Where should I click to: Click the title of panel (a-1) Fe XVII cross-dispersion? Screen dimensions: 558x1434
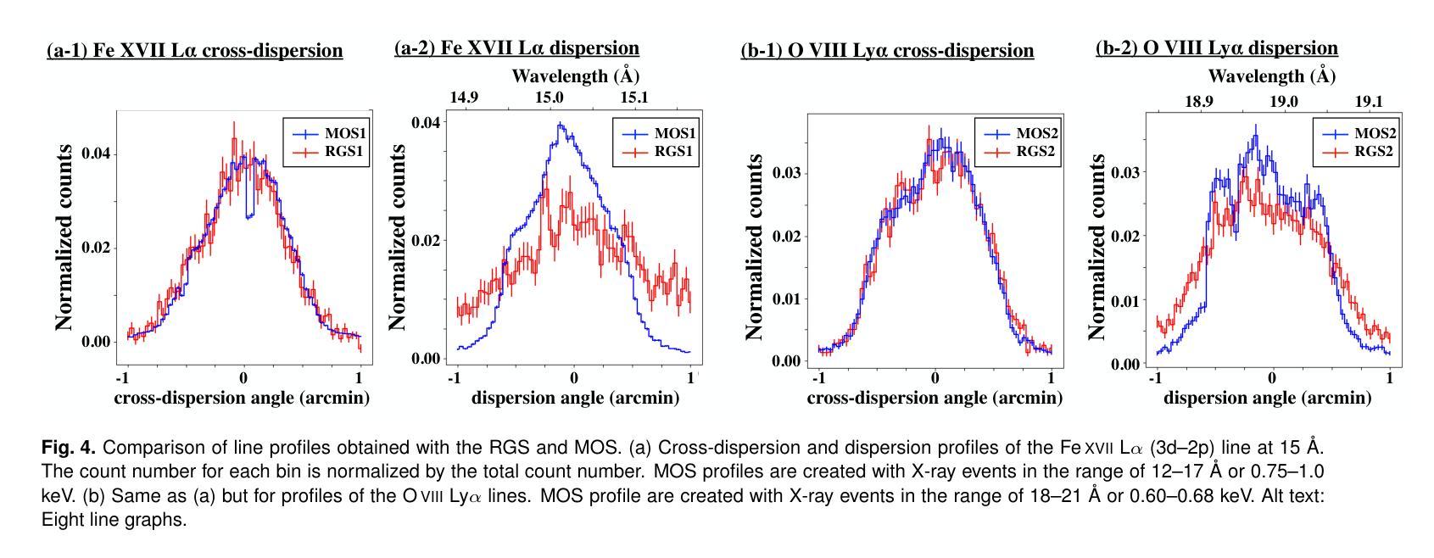[x=194, y=51]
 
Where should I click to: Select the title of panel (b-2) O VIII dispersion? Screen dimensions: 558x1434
[x=1216, y=48]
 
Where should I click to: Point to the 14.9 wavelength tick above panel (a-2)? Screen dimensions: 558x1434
[x=464, y=98]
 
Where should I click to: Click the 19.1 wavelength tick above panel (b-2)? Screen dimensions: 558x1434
[x=1368, y=102]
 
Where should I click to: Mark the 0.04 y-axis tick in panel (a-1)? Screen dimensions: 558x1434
[x=97, y=154]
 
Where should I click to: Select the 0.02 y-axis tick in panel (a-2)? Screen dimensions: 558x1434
[x=425, y=241]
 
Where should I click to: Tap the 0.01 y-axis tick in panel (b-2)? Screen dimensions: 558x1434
[x=1124, y=302]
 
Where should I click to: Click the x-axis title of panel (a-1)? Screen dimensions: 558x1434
[x=242, y=398]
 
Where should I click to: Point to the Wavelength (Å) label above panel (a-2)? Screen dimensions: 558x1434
[x=575, y=76]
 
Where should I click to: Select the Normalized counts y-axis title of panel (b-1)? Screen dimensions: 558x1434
[x=754, y=248]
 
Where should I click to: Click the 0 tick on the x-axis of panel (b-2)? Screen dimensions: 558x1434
[x=1271, y=377]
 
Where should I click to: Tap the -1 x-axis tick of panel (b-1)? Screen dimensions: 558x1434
[x=817, y=377]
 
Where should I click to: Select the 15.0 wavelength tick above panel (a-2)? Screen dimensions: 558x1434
[x=549, y=98]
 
